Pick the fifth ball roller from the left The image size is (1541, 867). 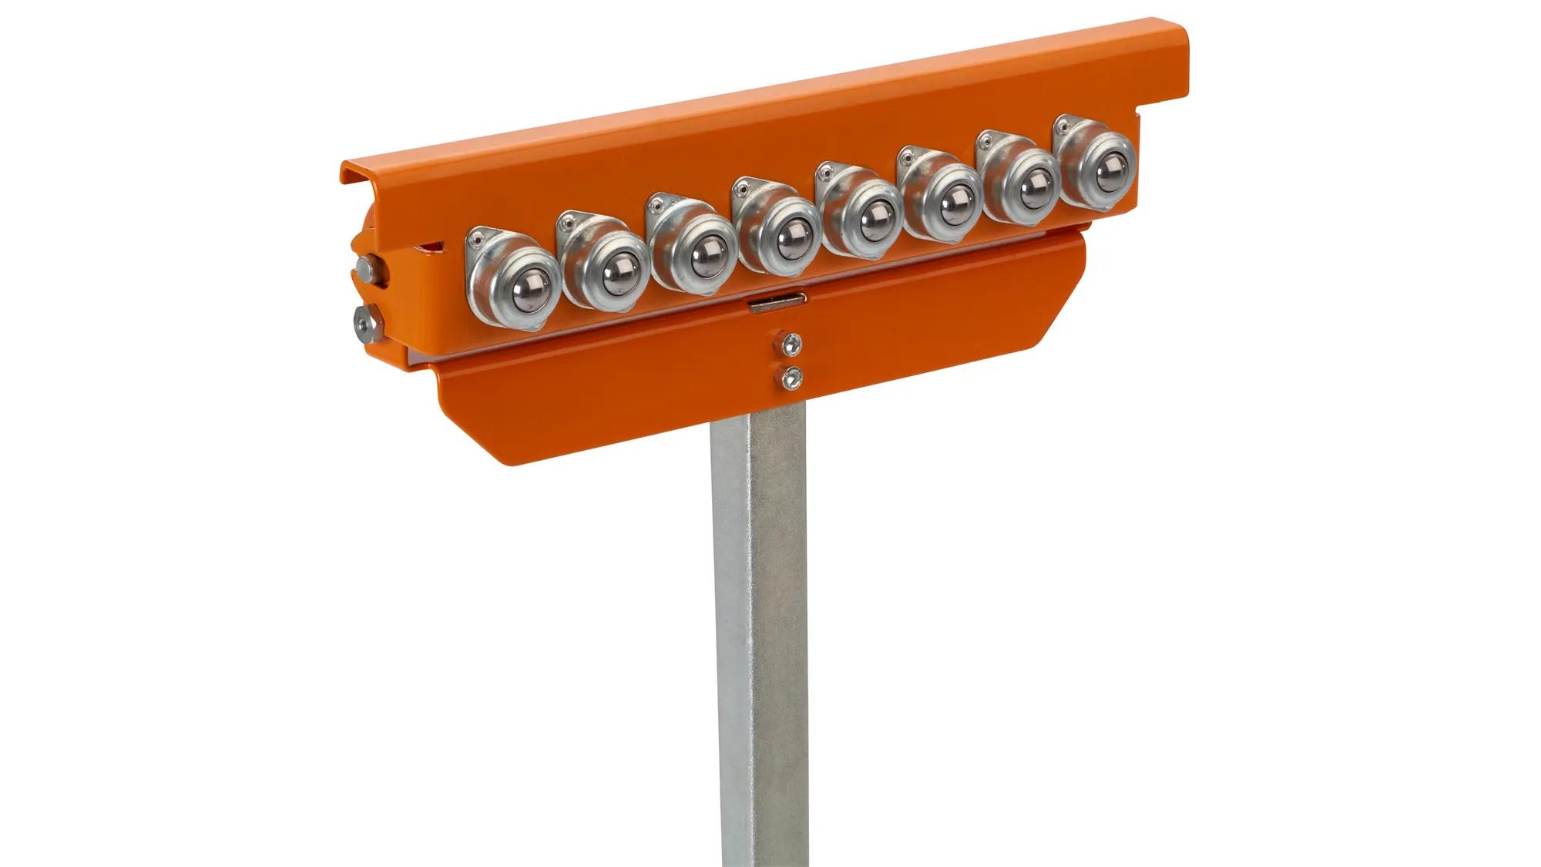pos(871,225)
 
